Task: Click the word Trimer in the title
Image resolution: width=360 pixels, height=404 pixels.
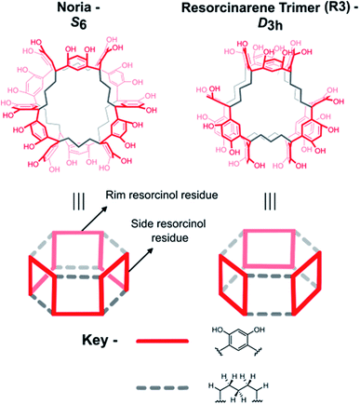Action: coord(296,8)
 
